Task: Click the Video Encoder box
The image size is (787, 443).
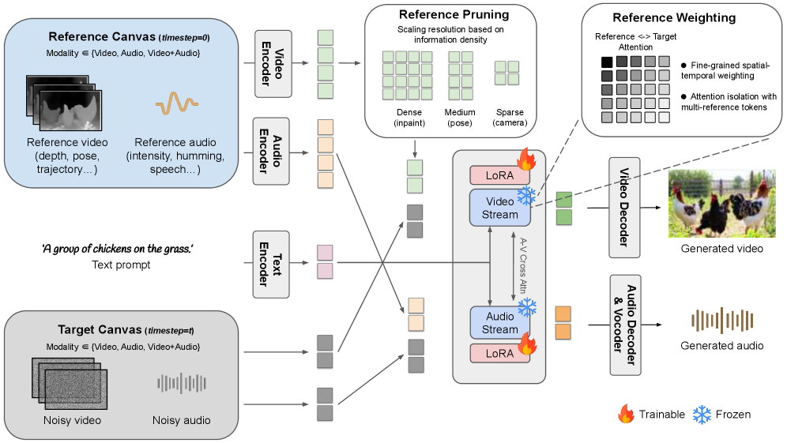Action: tap(273, 64)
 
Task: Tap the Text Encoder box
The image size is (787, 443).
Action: tap(273, 264)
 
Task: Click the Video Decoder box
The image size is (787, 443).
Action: tap(624, 207)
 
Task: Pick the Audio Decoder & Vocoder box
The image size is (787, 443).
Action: tap(624, 325)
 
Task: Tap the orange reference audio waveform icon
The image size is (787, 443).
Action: tap(176, 102)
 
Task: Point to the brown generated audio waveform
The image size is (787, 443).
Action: tap(721, 321)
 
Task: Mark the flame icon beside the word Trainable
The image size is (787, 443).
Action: tap(626, 414)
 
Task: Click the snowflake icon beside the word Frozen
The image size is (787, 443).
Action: tap(700, 414)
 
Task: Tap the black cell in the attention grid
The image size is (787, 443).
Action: tap(607, 62)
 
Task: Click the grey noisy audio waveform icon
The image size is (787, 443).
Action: tap(181, 383)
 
